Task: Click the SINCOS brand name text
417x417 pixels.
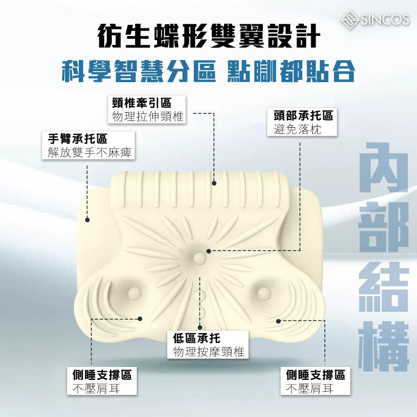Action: (x=383, y=19)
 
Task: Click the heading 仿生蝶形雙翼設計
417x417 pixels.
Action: (x=208, y=37)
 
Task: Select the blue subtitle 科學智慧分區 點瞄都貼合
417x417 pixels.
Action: (x=208, y=71)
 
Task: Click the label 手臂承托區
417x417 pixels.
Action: (x=78, y=138)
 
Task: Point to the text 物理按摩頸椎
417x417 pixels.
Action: (x=208, y=352)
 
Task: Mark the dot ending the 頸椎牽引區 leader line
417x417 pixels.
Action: (x=214, y=183)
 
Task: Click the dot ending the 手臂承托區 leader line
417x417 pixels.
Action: (x=88, y=219)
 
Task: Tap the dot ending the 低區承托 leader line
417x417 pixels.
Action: (x=200, y=327)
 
